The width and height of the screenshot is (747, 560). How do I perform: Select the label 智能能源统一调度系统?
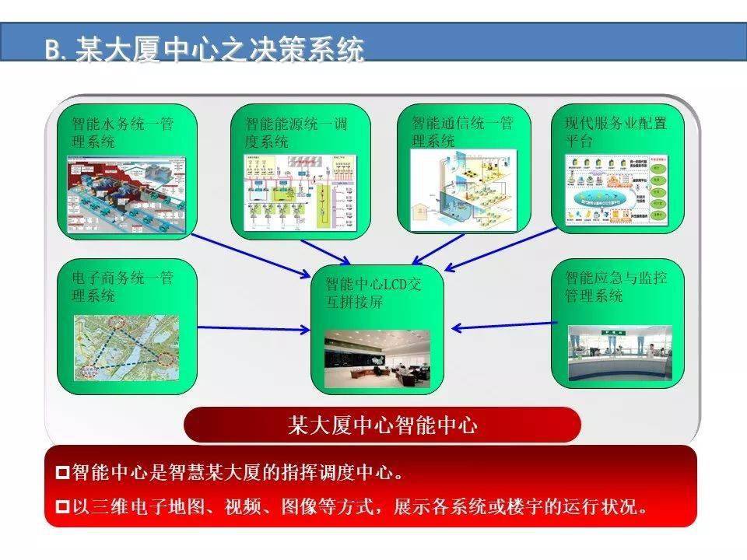coord(296,131)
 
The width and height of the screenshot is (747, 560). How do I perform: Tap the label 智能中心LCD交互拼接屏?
coord(376,292)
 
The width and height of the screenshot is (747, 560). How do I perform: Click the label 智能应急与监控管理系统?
coord(615,286)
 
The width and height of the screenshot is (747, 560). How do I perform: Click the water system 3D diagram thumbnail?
coord(125,193)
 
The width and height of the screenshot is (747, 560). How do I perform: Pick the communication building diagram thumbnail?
coord(462,190)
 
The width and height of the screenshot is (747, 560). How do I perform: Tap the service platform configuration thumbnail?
coord(617,190)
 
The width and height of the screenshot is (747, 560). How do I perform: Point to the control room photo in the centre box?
coord(377,355)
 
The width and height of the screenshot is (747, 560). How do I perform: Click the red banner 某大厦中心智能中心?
coord(382,425)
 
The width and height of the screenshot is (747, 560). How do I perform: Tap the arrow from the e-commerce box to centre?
coord(254,328)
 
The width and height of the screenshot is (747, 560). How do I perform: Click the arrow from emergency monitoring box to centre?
coord(502,326)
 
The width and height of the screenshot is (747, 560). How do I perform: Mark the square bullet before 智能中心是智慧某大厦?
coord(63,472)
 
